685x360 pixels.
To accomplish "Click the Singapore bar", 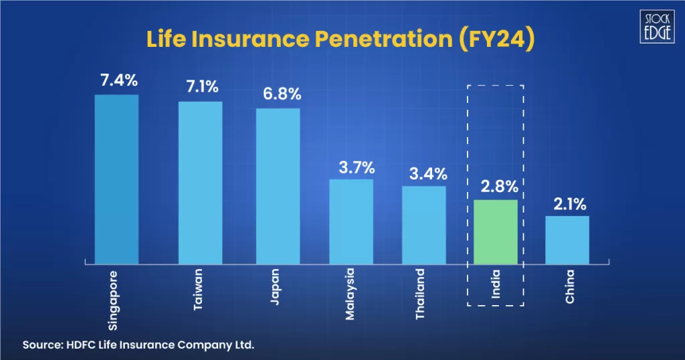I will tap(116, 179).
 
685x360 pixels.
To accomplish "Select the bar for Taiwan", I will tap(200, 182).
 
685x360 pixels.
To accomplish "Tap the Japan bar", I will tap(278, 185).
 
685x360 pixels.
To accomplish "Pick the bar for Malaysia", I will tap(351, 221).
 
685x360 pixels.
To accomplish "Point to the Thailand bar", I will tap(423, 224).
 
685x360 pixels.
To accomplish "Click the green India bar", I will tap(496, 232).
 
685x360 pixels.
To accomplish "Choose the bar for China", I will tap(567, 239).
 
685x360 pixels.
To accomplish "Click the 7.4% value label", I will tap(118, 80).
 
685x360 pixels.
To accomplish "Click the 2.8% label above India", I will tap(496, 186).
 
